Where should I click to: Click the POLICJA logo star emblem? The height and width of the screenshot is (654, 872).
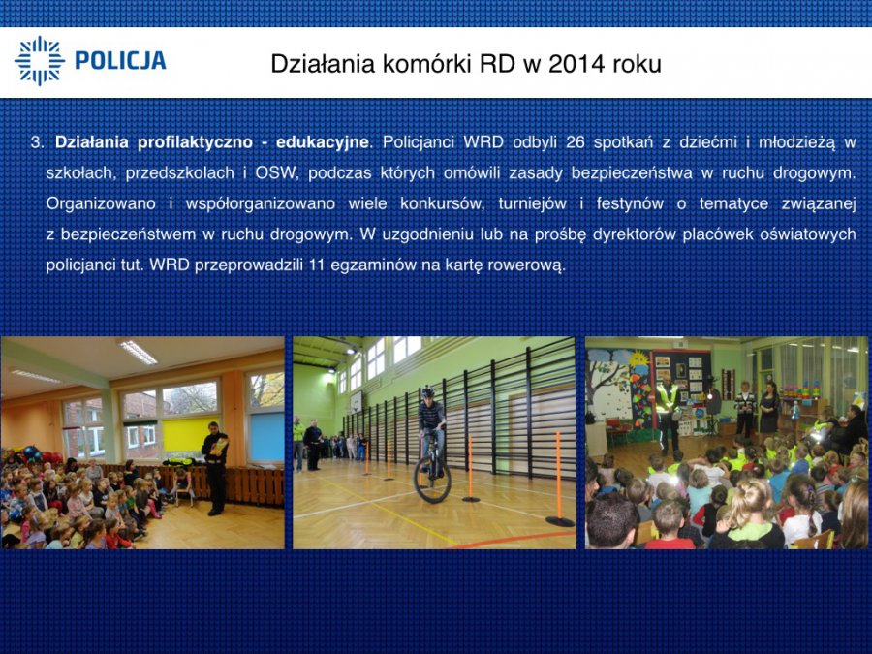point(40,61)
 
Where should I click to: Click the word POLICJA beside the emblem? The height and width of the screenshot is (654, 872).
point(120,61)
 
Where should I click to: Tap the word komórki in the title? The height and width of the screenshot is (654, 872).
point(427,64)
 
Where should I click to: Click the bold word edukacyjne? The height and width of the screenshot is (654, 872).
point(322,143)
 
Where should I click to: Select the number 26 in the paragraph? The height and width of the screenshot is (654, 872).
point(575,143)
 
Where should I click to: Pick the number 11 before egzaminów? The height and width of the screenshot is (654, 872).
point(316,265)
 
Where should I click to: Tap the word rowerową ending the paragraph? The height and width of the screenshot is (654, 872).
point(525,265)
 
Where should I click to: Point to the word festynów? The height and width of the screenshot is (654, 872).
point(630,204)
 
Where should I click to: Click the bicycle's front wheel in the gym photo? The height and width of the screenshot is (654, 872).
point(432,480)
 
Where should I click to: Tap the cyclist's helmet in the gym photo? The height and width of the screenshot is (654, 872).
point(427,392)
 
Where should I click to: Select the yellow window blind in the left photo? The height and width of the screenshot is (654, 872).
point(190,434)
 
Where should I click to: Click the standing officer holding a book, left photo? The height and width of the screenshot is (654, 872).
point(215,468)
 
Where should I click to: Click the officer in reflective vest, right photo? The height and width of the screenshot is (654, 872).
point(667,412)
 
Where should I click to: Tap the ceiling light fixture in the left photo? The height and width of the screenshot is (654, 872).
point(138,352)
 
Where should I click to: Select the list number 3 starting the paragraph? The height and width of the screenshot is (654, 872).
point(36,143)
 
